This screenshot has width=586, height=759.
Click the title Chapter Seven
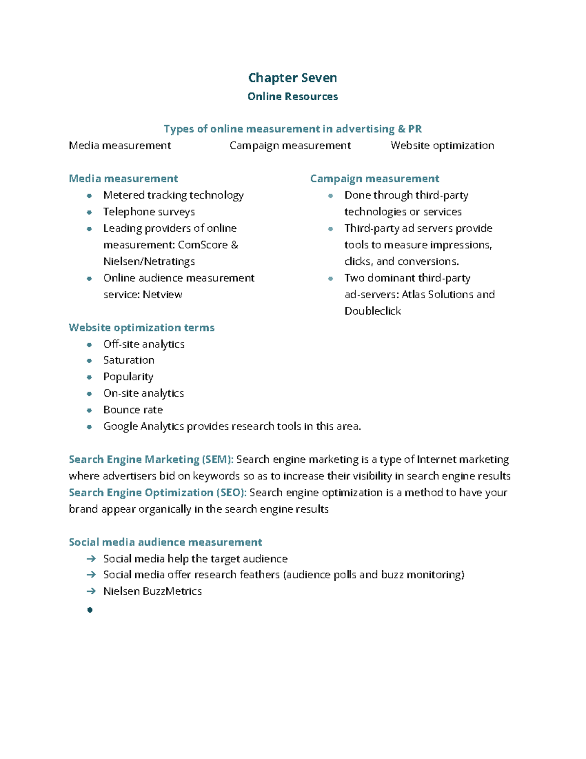pyautogui.click(x=292, y=78)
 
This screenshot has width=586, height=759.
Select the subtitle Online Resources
pyautogui.click(x=292, y=96)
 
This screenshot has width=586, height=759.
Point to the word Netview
pyautogui.click(x=163, y=294)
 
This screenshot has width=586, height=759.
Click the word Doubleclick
pyautogui.click(x=373, y=311)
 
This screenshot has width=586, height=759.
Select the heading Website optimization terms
pyautogui.click(x=142, y=327)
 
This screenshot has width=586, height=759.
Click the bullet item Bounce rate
pyautogui.click(x=133, y=410)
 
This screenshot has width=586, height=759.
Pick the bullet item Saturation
pyautogui.click(x=128, y=360)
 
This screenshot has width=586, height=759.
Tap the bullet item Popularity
pyautogui.click(x=128, y=377)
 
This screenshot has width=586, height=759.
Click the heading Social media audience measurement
pyautogui.click(x=165, y=542)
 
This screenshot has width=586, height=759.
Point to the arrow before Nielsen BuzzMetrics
pyautogui.click(x=91, y=591)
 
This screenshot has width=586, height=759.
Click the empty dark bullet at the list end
pyautogui.click(x=90, y=609)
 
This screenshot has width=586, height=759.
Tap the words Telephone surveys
pyautogui.click(x=149, y=212)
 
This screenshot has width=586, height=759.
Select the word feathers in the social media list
pyautogui.click(x=259, y=575)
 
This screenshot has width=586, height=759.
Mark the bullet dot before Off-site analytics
pyautogui.click(x=89, y=345)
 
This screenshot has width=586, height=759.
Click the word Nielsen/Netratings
pyautogui.click(x=149, y=261)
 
